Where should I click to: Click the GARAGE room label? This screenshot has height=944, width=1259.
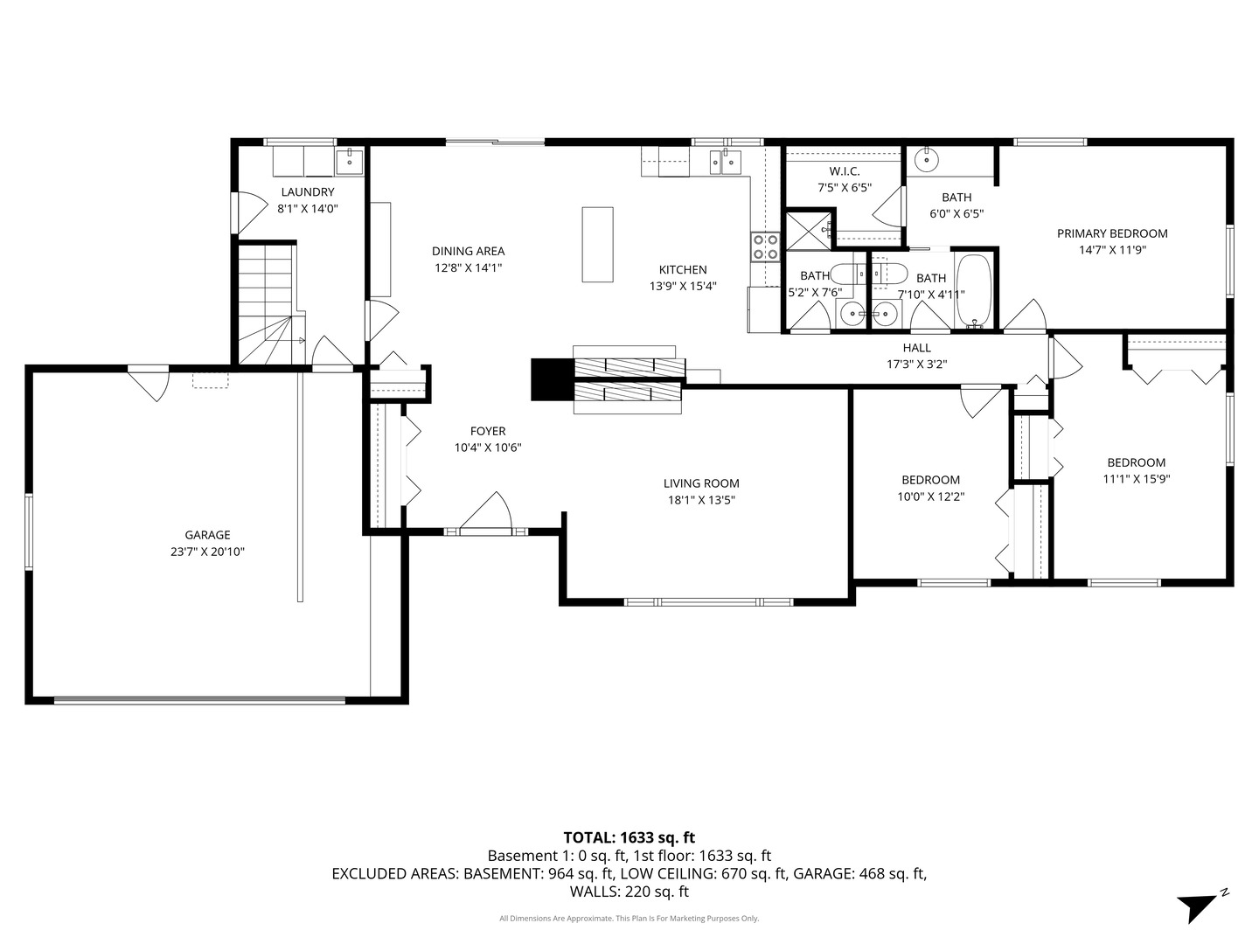coord(207,535)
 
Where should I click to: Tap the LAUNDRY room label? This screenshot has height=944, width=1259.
coord(307,192)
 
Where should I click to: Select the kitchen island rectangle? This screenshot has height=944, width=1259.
coord(597,245)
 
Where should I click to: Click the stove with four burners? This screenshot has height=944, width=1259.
coord(765,246)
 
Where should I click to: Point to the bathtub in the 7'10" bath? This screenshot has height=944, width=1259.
coord(973,290)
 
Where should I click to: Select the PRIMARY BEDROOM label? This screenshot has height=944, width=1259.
coord(1112,233)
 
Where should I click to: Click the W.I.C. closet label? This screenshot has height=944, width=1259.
coord(845,171)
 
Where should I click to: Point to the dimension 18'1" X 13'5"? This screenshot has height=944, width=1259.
coord(700,500)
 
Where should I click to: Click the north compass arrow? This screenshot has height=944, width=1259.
coord(1199,905)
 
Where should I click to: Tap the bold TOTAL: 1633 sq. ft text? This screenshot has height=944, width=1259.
coord(629,837)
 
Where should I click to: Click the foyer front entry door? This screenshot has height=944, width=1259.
coord(485,516)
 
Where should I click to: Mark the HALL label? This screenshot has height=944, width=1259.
coord(916,348)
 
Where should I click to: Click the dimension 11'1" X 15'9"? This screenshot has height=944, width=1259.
coord(1136,479)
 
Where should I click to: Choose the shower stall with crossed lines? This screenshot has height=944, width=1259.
coord(808,229)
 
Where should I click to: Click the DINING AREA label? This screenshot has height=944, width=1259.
coord(468,252)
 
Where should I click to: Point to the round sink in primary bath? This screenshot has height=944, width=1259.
coord(926,161)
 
